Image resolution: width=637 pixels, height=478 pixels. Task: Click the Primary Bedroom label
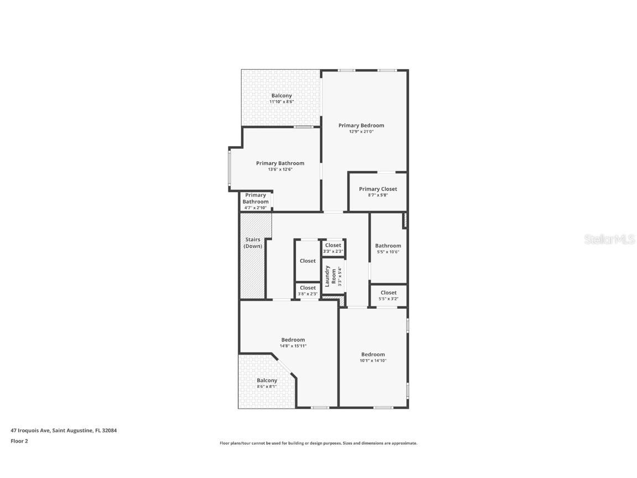click(361, 126)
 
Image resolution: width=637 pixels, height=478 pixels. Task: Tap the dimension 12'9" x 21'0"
click(361, 132)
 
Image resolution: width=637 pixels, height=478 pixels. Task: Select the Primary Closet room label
click(378, 189)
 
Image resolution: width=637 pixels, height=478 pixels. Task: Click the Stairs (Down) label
click(253, 243)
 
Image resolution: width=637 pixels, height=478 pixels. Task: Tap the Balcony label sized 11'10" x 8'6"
click(281, 96)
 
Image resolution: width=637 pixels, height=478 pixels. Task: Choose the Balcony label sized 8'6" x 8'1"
click(267, 381)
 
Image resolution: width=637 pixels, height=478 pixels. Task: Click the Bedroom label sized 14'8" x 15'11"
click(293, 340)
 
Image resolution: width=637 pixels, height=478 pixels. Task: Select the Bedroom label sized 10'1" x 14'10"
click(373, 355)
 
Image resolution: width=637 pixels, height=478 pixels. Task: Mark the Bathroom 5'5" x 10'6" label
click(388, 246)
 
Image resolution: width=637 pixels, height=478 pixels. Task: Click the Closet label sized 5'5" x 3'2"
click(388, 293)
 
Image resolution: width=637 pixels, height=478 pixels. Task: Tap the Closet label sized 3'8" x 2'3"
click(307, 288)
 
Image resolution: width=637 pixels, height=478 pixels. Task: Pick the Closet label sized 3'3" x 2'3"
click(333, 245)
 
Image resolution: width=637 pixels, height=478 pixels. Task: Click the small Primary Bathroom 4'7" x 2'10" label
click(255, 199)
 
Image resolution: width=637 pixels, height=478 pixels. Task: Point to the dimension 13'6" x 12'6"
click(280, 169)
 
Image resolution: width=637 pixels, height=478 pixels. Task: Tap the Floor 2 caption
click(19, 441)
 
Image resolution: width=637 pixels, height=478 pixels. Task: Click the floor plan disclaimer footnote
click(318, 443)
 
